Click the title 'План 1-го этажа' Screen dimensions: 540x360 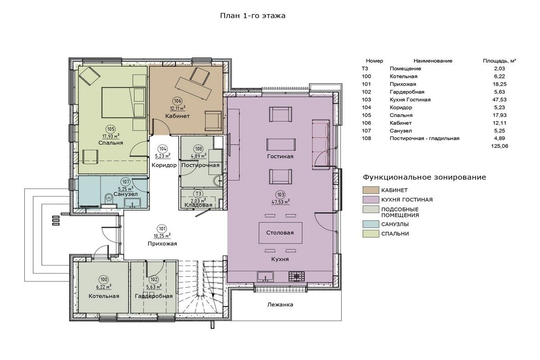coord(252,16)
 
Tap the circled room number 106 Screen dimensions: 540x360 coord(177,101)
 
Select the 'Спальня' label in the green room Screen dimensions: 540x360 coord(111,143)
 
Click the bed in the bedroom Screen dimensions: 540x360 coord(124,103)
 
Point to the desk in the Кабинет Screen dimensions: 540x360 coord(193,88)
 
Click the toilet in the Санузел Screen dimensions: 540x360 coord(109,199)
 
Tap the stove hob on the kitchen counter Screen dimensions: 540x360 coord(297,277)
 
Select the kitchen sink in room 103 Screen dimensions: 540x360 coord(265,276)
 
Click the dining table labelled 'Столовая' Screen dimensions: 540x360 coord(280,233)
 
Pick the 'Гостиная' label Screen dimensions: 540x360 coord(280,157)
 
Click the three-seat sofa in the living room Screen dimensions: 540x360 coord(321,144)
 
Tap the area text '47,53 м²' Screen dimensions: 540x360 coord(281,202)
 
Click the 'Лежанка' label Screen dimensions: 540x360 coord(280,305)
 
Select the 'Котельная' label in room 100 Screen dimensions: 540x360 coord(103,296)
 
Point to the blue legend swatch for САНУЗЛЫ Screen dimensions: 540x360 coord(371,224)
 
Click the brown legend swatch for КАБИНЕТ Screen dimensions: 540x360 coord(371,190)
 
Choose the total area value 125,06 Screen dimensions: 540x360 coord(499,146)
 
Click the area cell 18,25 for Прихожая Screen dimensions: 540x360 coord(499,84)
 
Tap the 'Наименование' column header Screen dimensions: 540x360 coord(433,61)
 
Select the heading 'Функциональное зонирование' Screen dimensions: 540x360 coord(424,177)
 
